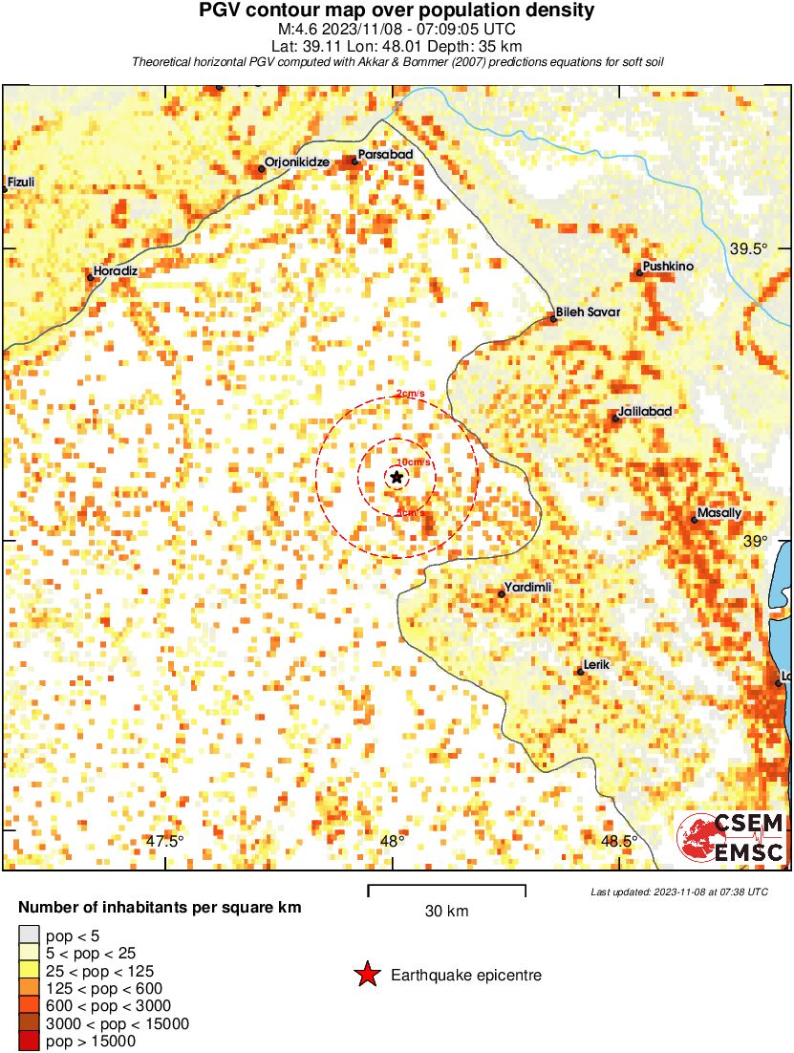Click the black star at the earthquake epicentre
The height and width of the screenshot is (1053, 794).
pos(397,477)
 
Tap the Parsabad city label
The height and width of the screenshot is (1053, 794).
pos(385,154)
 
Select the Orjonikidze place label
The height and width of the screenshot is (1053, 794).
pos(296,162)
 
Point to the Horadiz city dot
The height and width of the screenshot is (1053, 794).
pos(91,278)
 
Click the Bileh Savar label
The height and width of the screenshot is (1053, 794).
pos(589,312)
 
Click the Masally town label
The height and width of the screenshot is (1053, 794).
pos(719,513)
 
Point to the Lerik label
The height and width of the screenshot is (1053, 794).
pos(596,664)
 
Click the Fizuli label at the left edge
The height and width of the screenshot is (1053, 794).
pos(21,182)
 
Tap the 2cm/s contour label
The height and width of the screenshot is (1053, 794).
pos(410,394)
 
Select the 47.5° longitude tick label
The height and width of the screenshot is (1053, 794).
pos(165,842)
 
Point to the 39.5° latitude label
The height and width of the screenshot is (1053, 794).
pos(749,249)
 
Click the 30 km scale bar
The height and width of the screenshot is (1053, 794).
pos(446,890)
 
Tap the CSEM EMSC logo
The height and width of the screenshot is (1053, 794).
pos(731,837)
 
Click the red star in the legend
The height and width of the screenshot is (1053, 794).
pos(366,975)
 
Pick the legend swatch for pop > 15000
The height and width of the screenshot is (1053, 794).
pos(29,1042)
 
